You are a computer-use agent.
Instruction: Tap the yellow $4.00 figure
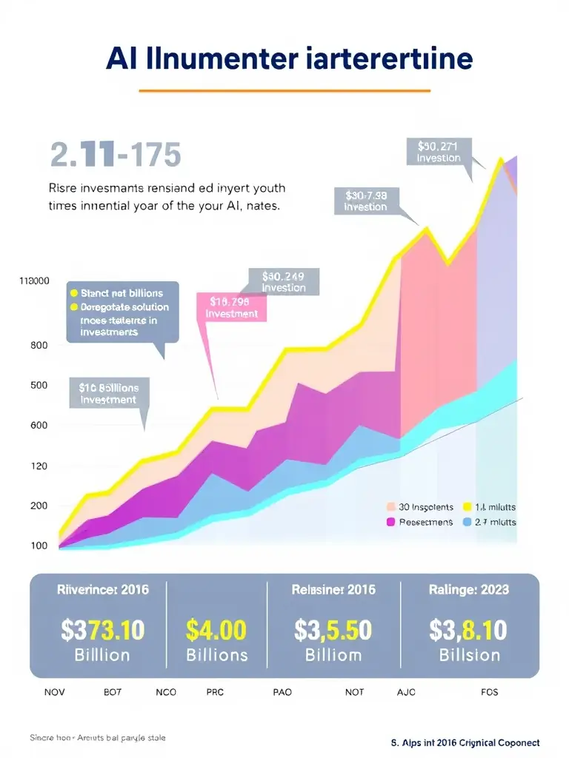pyautogui.click(x=216, y=630)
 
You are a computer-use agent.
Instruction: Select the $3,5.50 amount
pyautogui.click(x=333, y=630)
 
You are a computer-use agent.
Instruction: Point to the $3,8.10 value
pyautogui.click(x=468, y=630)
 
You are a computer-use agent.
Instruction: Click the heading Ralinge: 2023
pyautogui.click(x=469, y=590)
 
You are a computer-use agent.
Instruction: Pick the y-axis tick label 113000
pyautogui.click(x=34, y=281)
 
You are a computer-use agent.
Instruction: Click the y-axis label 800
pyautogui.click(x=39, y=345)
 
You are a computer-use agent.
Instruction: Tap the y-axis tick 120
pyautogui.click(x=39, y=466)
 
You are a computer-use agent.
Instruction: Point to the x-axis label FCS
pyautogui.click(x=489, y=693)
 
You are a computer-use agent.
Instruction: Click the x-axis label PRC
pyautogui.click(x=214, y=693)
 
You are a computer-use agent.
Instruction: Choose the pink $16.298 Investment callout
pyautogui.click(x=231, y=307)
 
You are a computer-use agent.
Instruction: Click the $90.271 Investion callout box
pyautogui.click(x=438, y=152)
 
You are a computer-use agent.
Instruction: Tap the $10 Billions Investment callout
pyautogui.click(x=108, y=393)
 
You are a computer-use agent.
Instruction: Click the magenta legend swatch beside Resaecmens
pyautogui.click(x=392, y=523)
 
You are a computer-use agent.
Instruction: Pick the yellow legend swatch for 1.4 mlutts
pyautogui.click(x=467, y=508)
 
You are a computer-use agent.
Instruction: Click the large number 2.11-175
pyautogui.click(x=115, y=155)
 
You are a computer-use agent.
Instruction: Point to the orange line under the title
pyautogui.click(x=284, y=91)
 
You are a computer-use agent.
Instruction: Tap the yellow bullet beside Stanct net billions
pyautogui.click(x=73, y=293)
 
